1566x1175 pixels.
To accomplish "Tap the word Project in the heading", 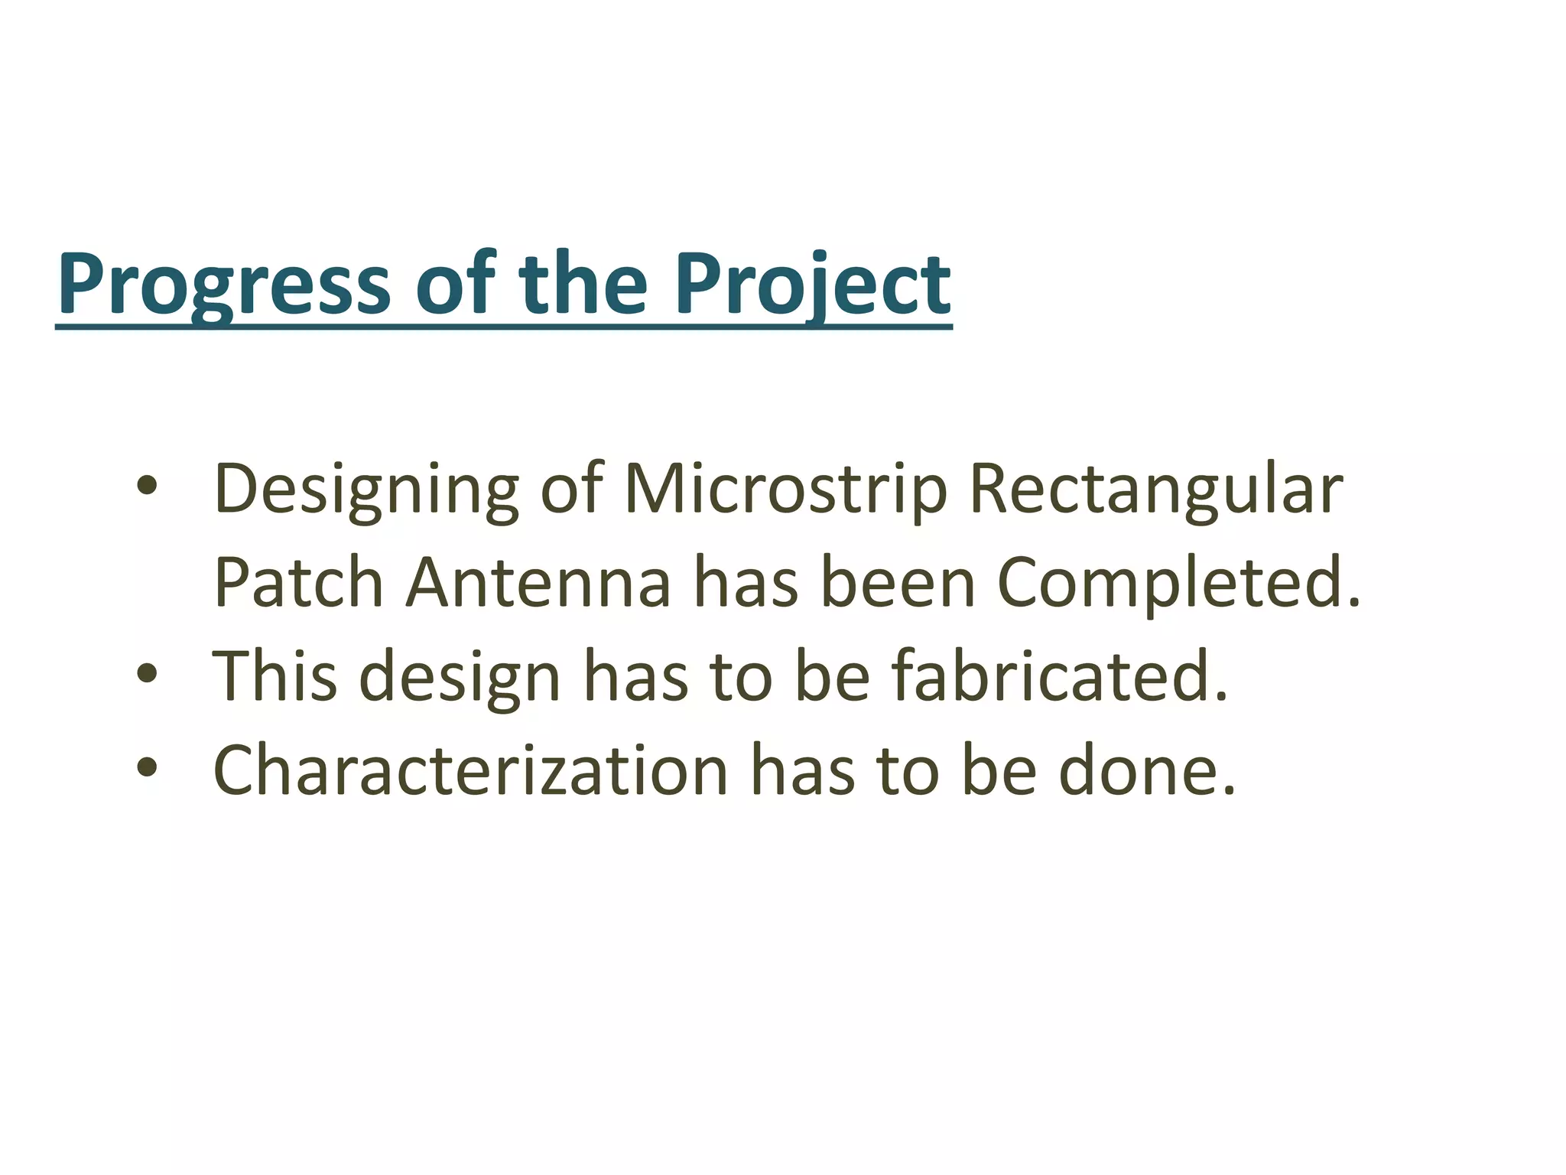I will [x=812, y=285].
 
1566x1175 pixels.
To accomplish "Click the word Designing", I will [x=366, y=490].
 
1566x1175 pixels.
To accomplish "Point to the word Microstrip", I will [x=785, y=490].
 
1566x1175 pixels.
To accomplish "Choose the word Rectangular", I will [x=1155, y=490].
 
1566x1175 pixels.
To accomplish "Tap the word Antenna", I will [x=538, y=583].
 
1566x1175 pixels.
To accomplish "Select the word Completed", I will [x=1178, y=583].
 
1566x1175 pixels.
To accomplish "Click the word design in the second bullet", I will [x=460, y=676].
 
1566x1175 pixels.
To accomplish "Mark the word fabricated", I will [x=1059, y=676].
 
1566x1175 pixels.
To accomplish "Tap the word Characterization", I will [x=470, y=770].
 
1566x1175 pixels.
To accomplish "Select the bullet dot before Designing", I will [x=147, y=487].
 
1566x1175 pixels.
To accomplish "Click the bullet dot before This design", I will [x=147, y=673].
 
